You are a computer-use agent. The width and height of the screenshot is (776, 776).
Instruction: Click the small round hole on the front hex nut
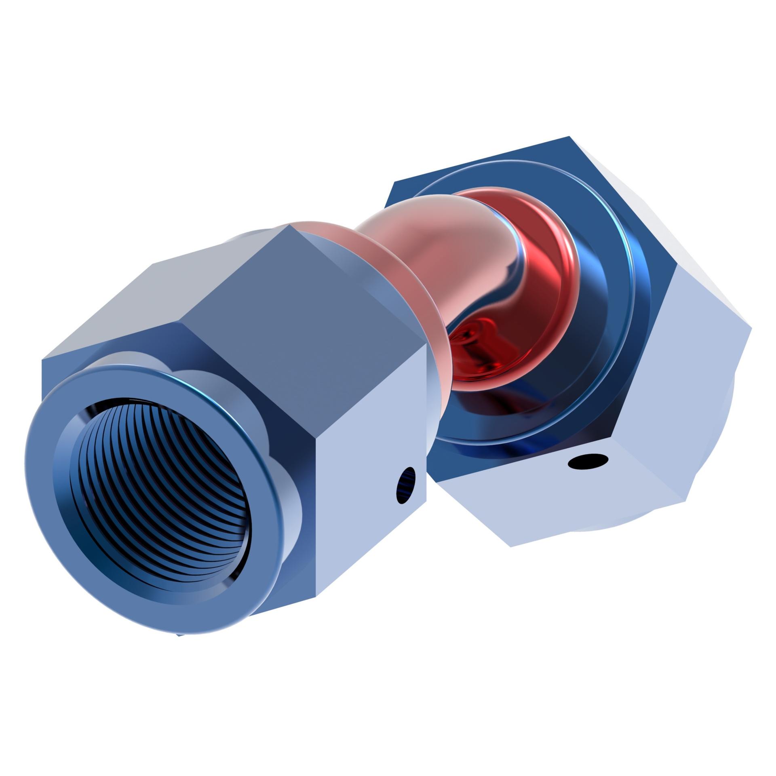406,485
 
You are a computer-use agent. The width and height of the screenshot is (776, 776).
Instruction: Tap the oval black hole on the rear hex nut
588,462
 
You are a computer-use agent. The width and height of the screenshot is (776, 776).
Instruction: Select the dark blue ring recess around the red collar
606,323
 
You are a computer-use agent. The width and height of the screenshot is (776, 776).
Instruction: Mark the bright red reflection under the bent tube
477,339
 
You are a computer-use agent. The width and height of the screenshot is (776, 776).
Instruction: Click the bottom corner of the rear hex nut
511,547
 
